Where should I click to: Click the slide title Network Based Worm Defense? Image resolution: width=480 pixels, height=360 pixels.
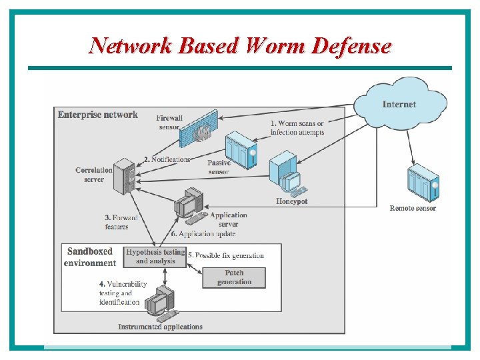(240, 45)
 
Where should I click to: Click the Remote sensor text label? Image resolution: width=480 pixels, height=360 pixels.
(413, 209)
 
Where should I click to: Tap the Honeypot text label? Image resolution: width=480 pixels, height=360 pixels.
(292, 201)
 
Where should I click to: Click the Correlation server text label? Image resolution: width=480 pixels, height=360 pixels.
(94, 175)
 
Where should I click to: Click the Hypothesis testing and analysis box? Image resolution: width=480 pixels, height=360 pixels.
(155, 257)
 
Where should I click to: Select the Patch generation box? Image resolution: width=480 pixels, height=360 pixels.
(234, 277)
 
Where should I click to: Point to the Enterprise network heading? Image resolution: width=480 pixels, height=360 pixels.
(97, 115)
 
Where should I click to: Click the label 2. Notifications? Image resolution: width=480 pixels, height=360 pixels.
(167, 159)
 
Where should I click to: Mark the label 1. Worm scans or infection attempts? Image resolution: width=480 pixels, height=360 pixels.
(297, 128)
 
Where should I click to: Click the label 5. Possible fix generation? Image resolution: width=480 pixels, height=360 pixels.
(226, 255)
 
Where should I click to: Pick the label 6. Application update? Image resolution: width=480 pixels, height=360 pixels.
(203, 234)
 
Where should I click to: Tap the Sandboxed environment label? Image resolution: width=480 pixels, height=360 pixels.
(90, 257)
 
